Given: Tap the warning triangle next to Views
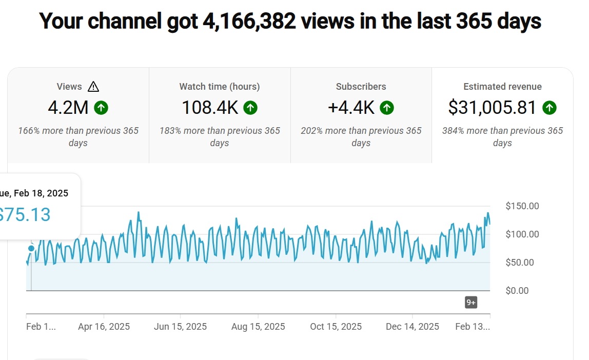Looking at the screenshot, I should [93, 87].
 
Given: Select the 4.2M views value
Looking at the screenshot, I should [68, 108].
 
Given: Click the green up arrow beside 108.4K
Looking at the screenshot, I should [250, 108].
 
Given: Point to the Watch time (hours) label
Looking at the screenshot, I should [220, 87].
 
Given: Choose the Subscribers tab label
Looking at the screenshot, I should [361, 87].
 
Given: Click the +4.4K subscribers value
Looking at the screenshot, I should [351, 108].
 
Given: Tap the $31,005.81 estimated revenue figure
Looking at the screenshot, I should [492, 108].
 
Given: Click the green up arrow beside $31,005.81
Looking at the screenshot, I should [549, 108].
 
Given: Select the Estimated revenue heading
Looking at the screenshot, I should [502, 87].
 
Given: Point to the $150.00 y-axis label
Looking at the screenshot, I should [522, 206].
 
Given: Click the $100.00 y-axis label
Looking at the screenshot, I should [522, 234].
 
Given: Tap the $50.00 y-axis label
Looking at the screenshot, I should [520, 263].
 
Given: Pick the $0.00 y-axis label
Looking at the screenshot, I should [517, 291].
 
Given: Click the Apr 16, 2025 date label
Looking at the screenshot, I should [104, 327].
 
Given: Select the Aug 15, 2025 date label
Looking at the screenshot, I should [258, 327].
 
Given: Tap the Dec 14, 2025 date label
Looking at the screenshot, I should [413, 327].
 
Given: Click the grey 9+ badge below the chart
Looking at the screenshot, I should [471, 303].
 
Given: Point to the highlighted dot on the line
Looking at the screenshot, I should [31, 248].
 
